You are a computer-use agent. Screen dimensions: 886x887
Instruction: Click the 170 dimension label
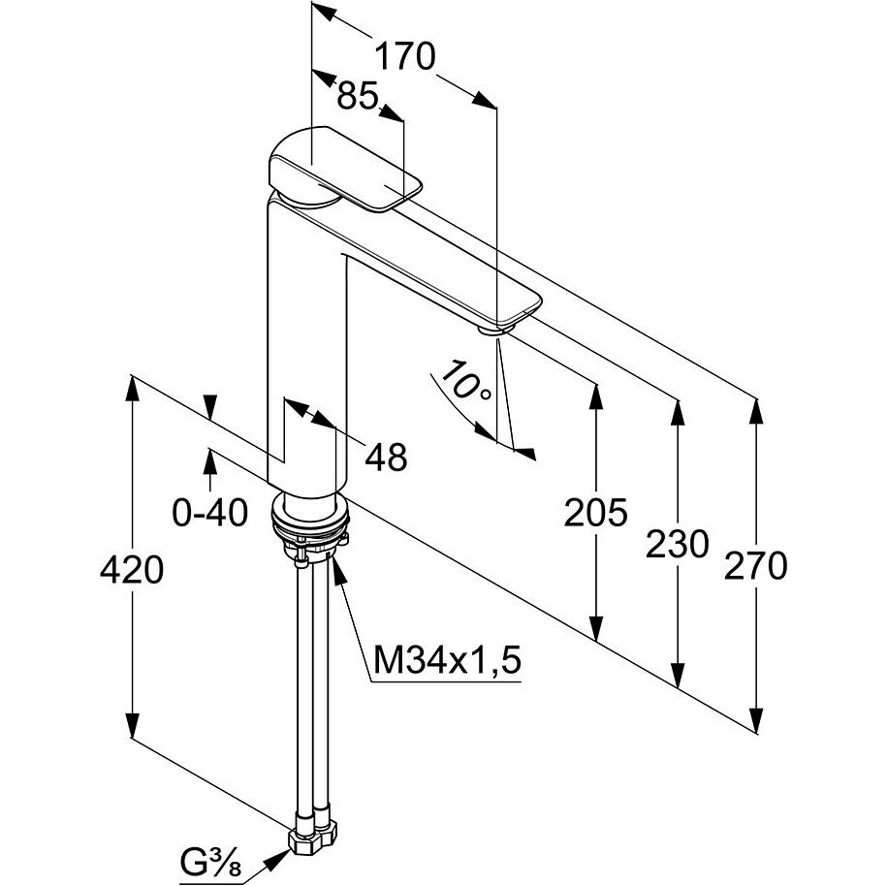404,57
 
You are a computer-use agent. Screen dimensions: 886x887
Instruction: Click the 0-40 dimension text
210,511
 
